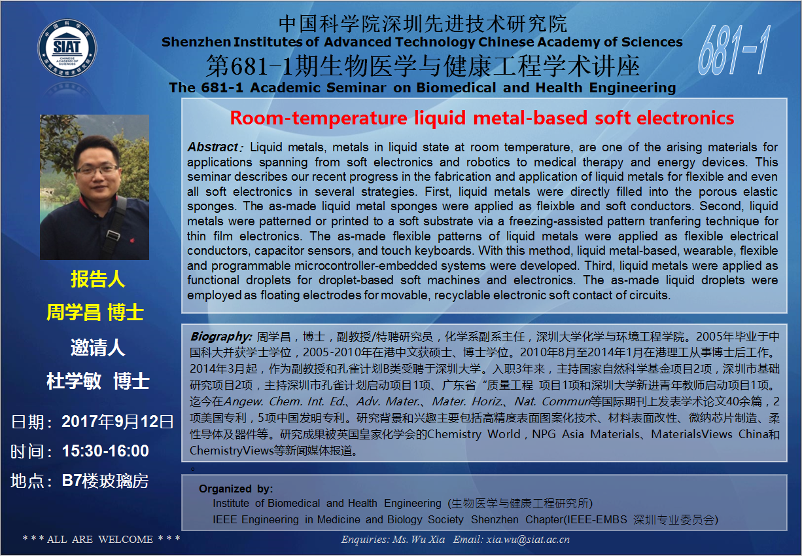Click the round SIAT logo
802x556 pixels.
67,48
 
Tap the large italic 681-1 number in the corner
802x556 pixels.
733,50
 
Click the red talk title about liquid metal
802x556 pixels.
482,118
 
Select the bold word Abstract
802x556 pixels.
213,147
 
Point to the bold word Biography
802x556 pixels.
221,337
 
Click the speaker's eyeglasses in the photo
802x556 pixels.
97,169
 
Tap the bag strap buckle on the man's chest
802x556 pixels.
113,236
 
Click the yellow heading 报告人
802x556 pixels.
97,279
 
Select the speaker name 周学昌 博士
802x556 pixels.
95,312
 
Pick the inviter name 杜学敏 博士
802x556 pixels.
97,380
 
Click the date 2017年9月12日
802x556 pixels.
118,422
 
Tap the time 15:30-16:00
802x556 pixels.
105,451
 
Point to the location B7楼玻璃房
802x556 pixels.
105,481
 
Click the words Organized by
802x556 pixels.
236,489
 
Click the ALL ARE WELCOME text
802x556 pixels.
100,539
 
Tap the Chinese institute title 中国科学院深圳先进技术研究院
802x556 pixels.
423,24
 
